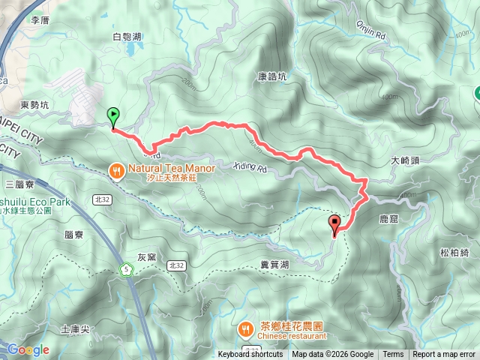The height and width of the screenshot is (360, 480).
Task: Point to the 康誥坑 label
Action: pyautogui.click(x=272, y=76)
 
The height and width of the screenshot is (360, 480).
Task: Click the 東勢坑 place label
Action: pyautogui.click(x=34, y=105)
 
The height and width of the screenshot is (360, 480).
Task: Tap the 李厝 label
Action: pyautogui.click(x=39, y=21)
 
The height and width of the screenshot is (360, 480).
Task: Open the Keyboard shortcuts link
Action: pyautogui.click(x=250, y=355)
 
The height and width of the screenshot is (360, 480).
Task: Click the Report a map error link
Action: pyautogui.click(x=444, y=355)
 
